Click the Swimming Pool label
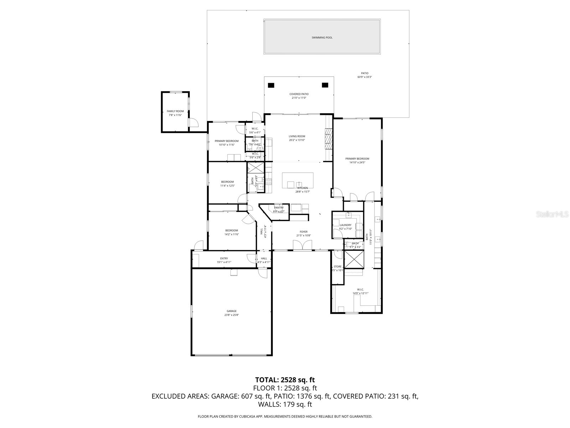(x=322, y=37)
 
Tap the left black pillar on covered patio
(x=271, y=85)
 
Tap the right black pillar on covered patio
(x=325, y=85)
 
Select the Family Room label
(x=175, y=111)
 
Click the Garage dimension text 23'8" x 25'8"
(x=232, y=315)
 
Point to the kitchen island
(x=298, y=180)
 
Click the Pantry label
(x=279, y=208)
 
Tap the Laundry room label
(x=346, y=225)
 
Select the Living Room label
(x=297, y=136)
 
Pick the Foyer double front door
(x=302, y=245)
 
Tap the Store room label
(x=337, y=266)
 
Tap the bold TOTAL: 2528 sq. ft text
(x=285, y=380)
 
